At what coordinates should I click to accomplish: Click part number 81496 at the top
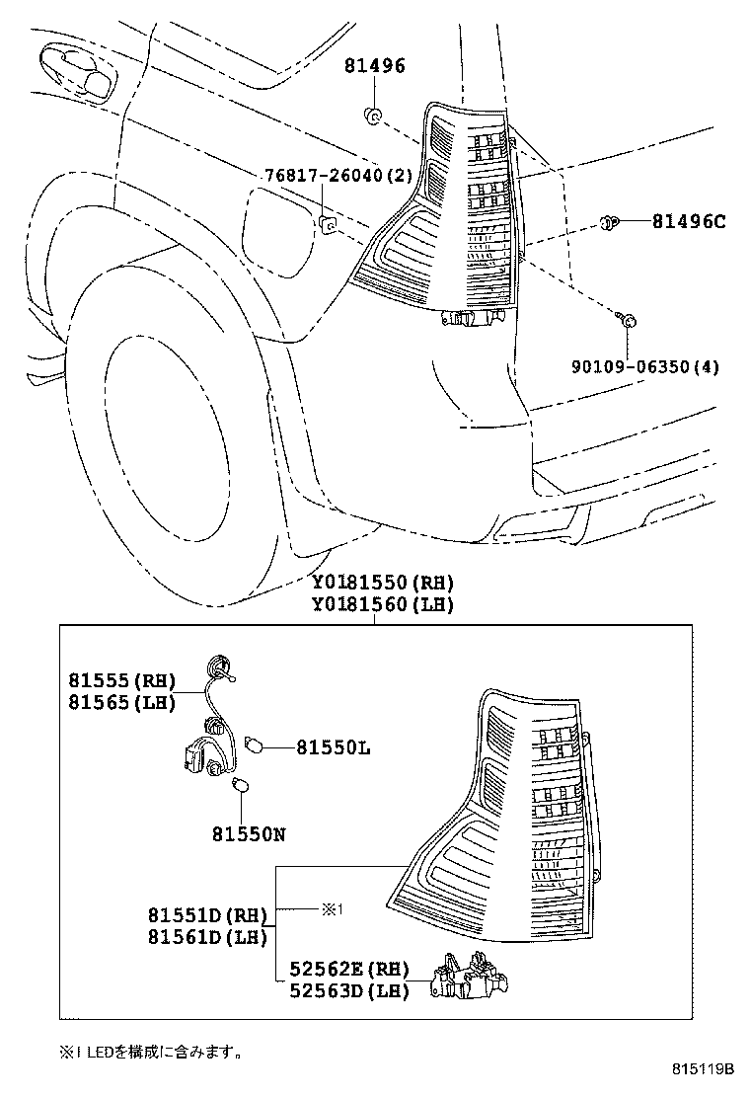coord(374,67)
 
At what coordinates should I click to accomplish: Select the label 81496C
coord(688,222)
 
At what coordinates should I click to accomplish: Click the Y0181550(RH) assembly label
coord(382,583)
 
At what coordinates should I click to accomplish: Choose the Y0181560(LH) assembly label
coord(382,605)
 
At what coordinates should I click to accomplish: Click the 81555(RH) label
coord(121,680)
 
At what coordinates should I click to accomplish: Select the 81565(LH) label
coord(121,703)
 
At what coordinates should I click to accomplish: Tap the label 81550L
coord(334,749)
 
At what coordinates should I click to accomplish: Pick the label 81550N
coord(248,834)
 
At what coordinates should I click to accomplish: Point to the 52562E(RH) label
coord(348,971)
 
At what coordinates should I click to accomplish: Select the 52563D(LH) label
coord(348,992)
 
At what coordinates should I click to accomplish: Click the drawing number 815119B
coord(705,1069)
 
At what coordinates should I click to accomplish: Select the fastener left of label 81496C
coord(611,223)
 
